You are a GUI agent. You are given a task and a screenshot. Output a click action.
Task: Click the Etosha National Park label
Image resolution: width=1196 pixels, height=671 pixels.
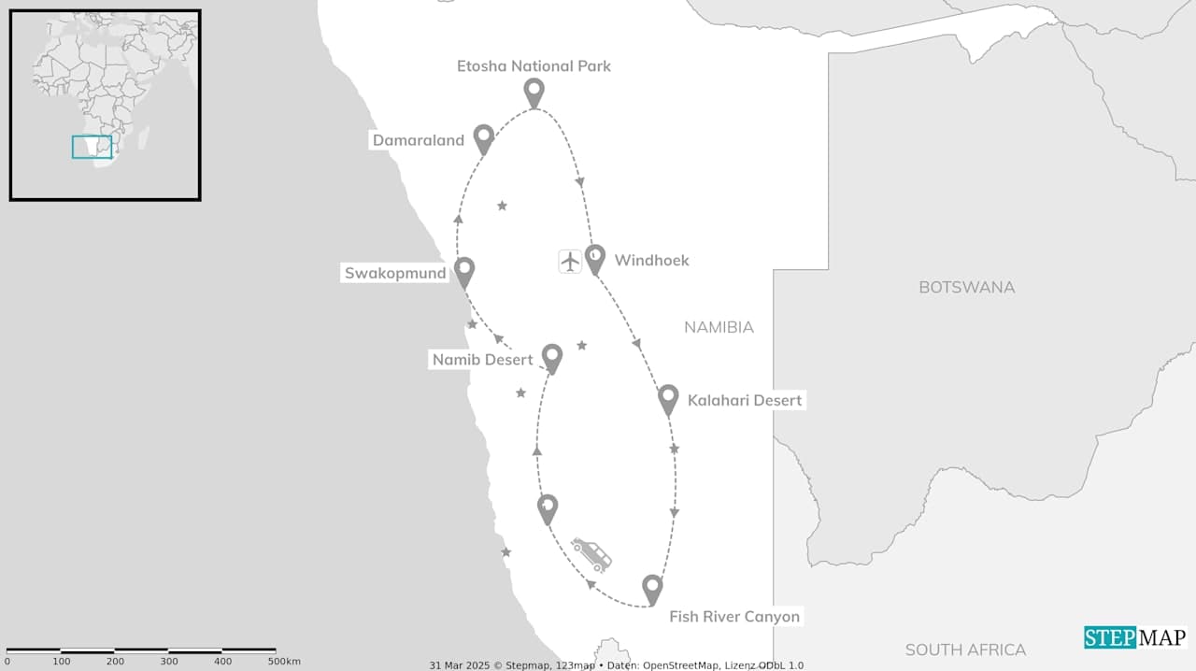(534, 66)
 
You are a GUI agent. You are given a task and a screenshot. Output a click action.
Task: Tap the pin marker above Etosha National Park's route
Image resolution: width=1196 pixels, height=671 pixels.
(534, 93)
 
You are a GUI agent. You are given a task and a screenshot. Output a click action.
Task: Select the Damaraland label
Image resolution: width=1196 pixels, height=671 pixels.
(419, 141)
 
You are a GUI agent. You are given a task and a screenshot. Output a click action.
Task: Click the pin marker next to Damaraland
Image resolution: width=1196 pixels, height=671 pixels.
(483, 138)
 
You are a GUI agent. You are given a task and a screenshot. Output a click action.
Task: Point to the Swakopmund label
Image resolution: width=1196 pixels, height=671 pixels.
(395, 274)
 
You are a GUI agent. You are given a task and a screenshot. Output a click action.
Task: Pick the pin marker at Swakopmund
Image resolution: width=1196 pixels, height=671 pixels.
(464, 271)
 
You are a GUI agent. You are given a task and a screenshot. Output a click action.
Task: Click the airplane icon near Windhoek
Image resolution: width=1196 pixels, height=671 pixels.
(570, 261)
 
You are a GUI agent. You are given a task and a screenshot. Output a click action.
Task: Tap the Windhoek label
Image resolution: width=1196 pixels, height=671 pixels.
(651, 261)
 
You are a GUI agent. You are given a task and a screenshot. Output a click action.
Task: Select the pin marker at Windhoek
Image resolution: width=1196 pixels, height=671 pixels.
(595, 258)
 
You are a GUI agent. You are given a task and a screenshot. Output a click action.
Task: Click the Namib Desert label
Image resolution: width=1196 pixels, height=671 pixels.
(482, 360)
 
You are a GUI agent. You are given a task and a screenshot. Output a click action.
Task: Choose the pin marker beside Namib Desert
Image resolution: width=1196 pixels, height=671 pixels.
(552, 357)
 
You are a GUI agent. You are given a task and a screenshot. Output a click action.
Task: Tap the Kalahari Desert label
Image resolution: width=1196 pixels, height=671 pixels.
(745, 401)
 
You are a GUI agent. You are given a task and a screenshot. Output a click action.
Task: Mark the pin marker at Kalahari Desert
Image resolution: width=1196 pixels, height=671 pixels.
(668, 398)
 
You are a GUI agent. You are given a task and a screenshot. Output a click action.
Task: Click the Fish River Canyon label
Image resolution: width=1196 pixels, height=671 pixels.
(734, 617)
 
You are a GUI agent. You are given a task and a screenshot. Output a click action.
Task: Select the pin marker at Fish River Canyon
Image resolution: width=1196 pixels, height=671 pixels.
(652, 589)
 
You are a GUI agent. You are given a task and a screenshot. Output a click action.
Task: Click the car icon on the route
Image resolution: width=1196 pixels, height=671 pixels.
(591, 554)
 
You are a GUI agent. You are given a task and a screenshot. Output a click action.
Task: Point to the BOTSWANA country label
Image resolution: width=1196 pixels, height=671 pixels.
(966, 287)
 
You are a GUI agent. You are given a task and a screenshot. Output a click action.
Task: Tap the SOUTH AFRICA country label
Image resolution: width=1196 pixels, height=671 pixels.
(965, 650)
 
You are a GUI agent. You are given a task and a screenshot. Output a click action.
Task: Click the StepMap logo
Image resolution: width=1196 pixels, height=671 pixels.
(1135, 637)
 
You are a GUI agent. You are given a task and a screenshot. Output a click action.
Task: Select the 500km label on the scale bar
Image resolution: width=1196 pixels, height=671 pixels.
(284, 662)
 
